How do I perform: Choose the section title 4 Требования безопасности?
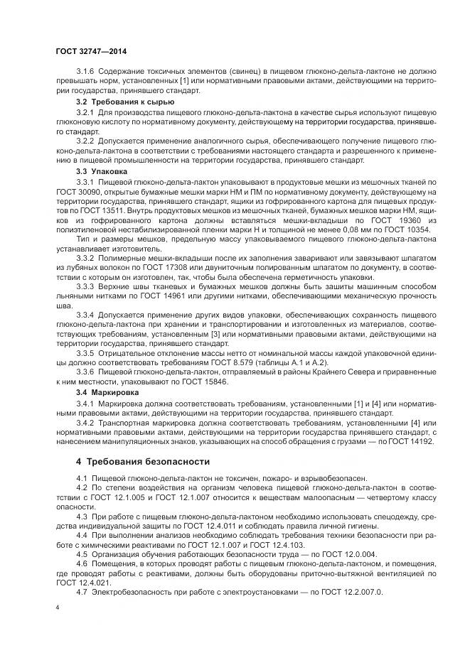139,463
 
